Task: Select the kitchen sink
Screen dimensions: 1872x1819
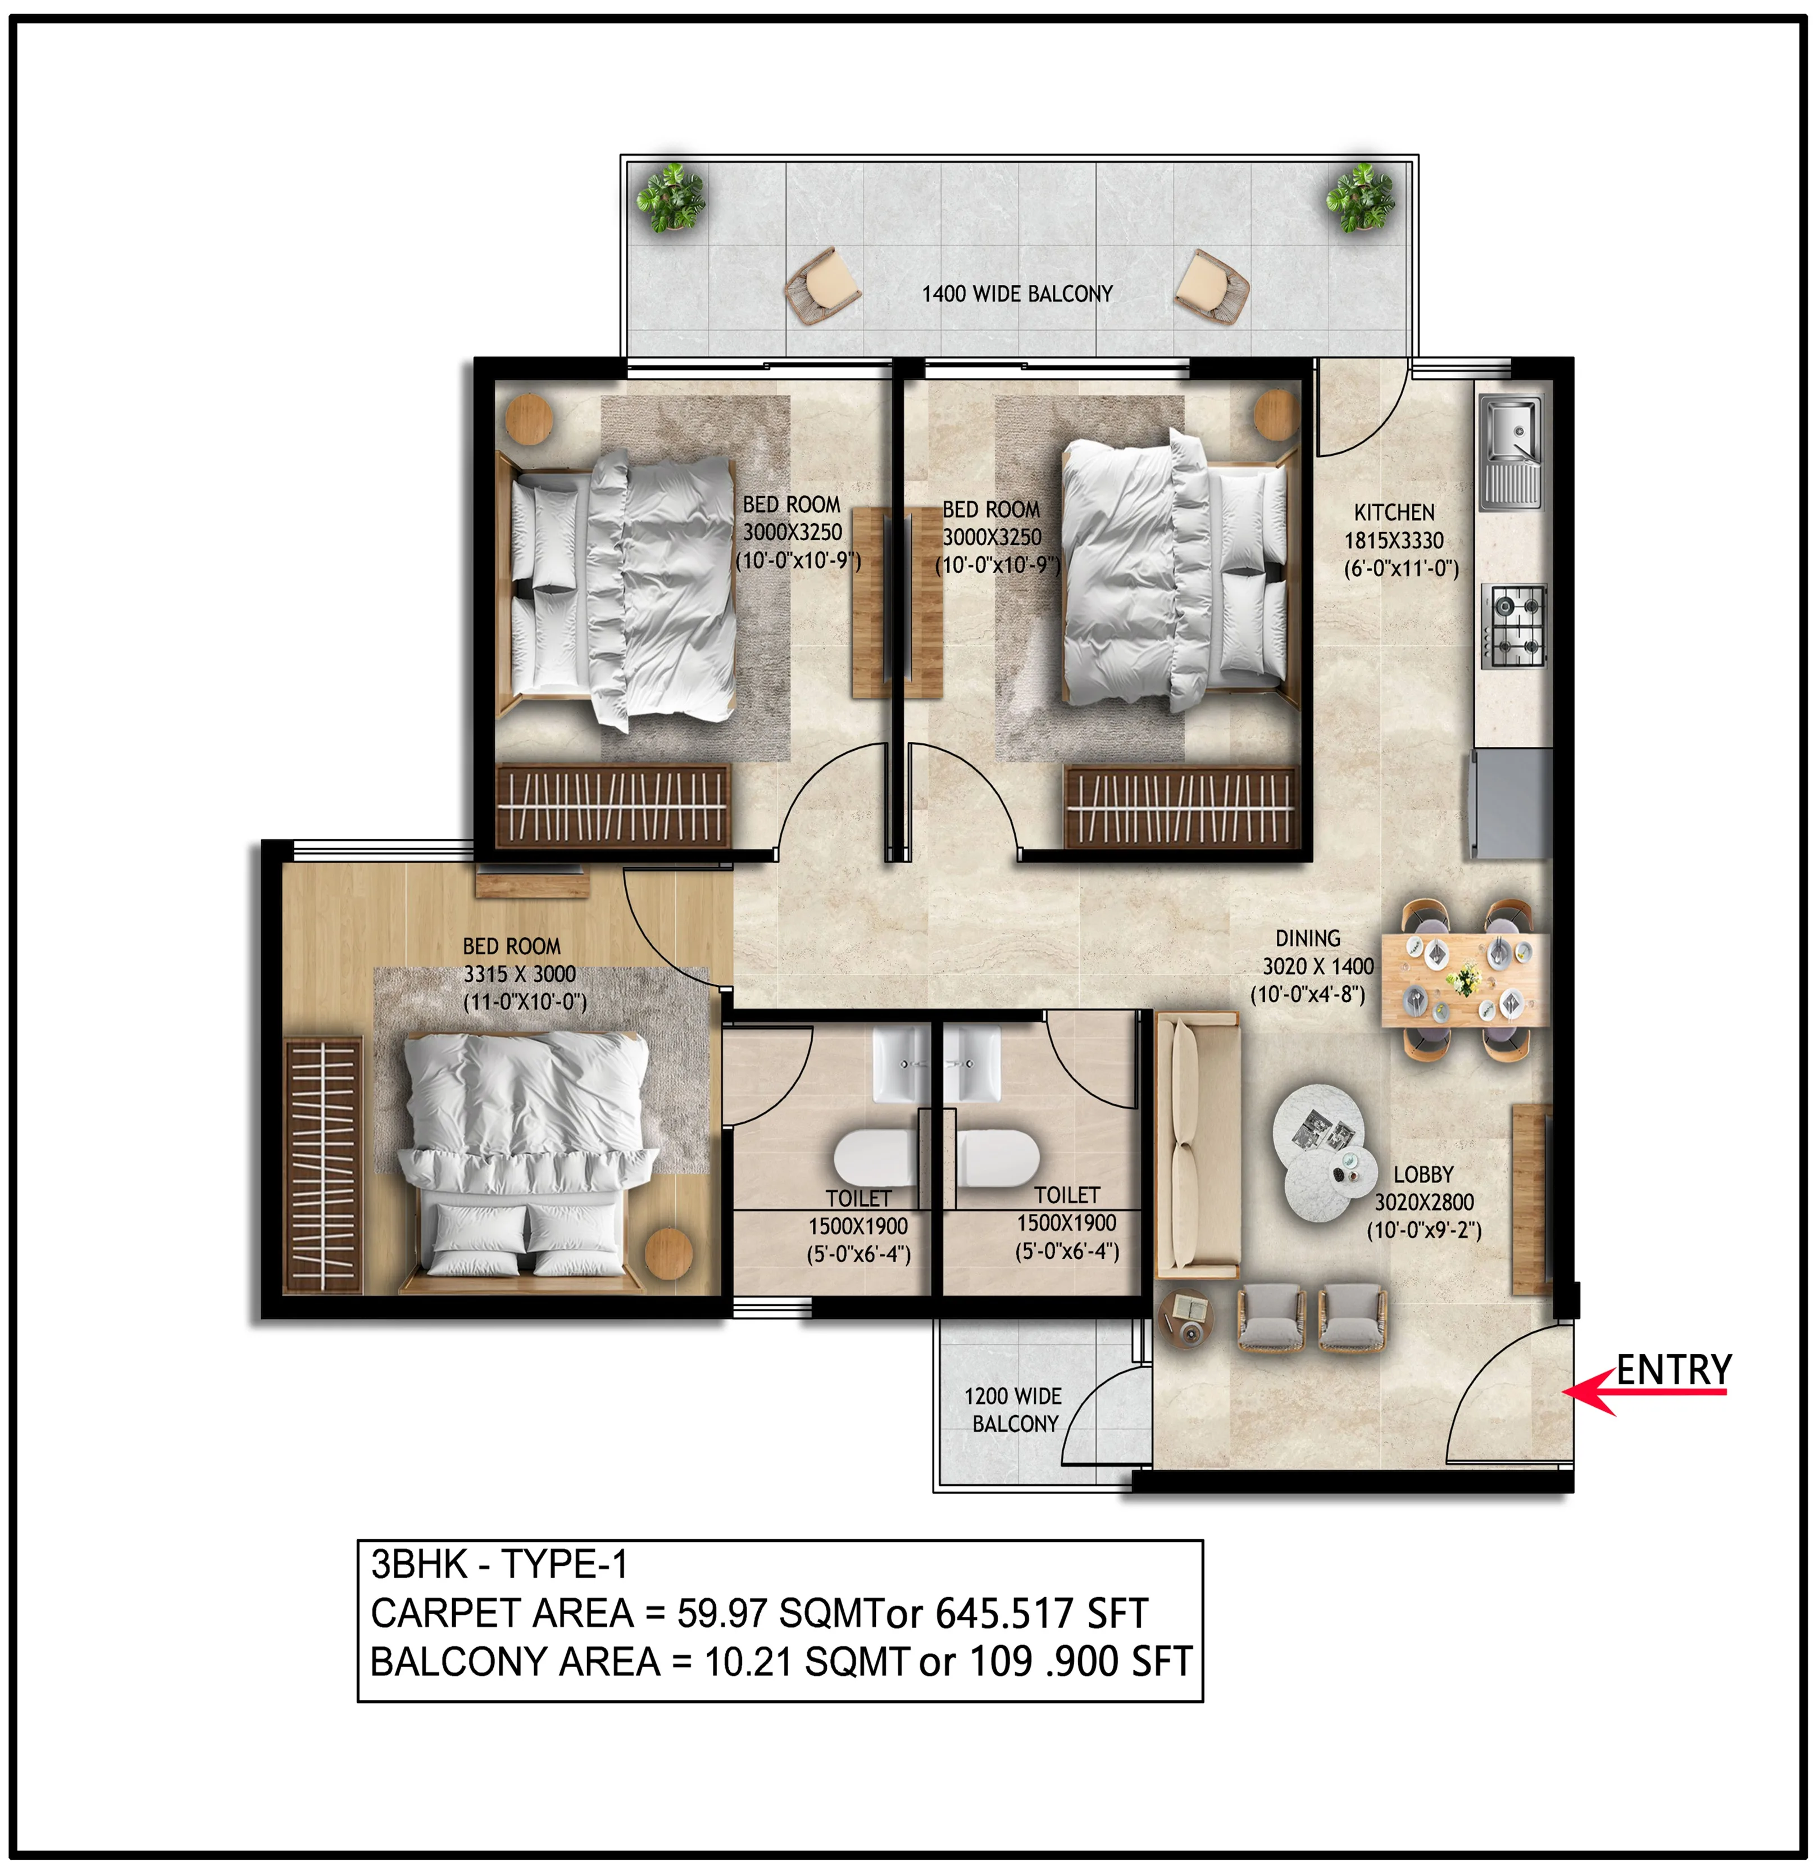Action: tap(1511, 452)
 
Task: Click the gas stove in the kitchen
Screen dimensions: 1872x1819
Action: tap(1514, 626)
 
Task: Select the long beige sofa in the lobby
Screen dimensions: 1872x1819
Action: tap(1197, 1145)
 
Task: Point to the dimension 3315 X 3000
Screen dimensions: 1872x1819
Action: tap(520, 974)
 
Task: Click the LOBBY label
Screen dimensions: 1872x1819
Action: tap(1422, 1175)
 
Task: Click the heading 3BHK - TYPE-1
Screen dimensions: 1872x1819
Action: tap(499, 1564)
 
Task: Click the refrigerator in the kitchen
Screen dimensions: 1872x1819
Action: tap(1511, 803)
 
